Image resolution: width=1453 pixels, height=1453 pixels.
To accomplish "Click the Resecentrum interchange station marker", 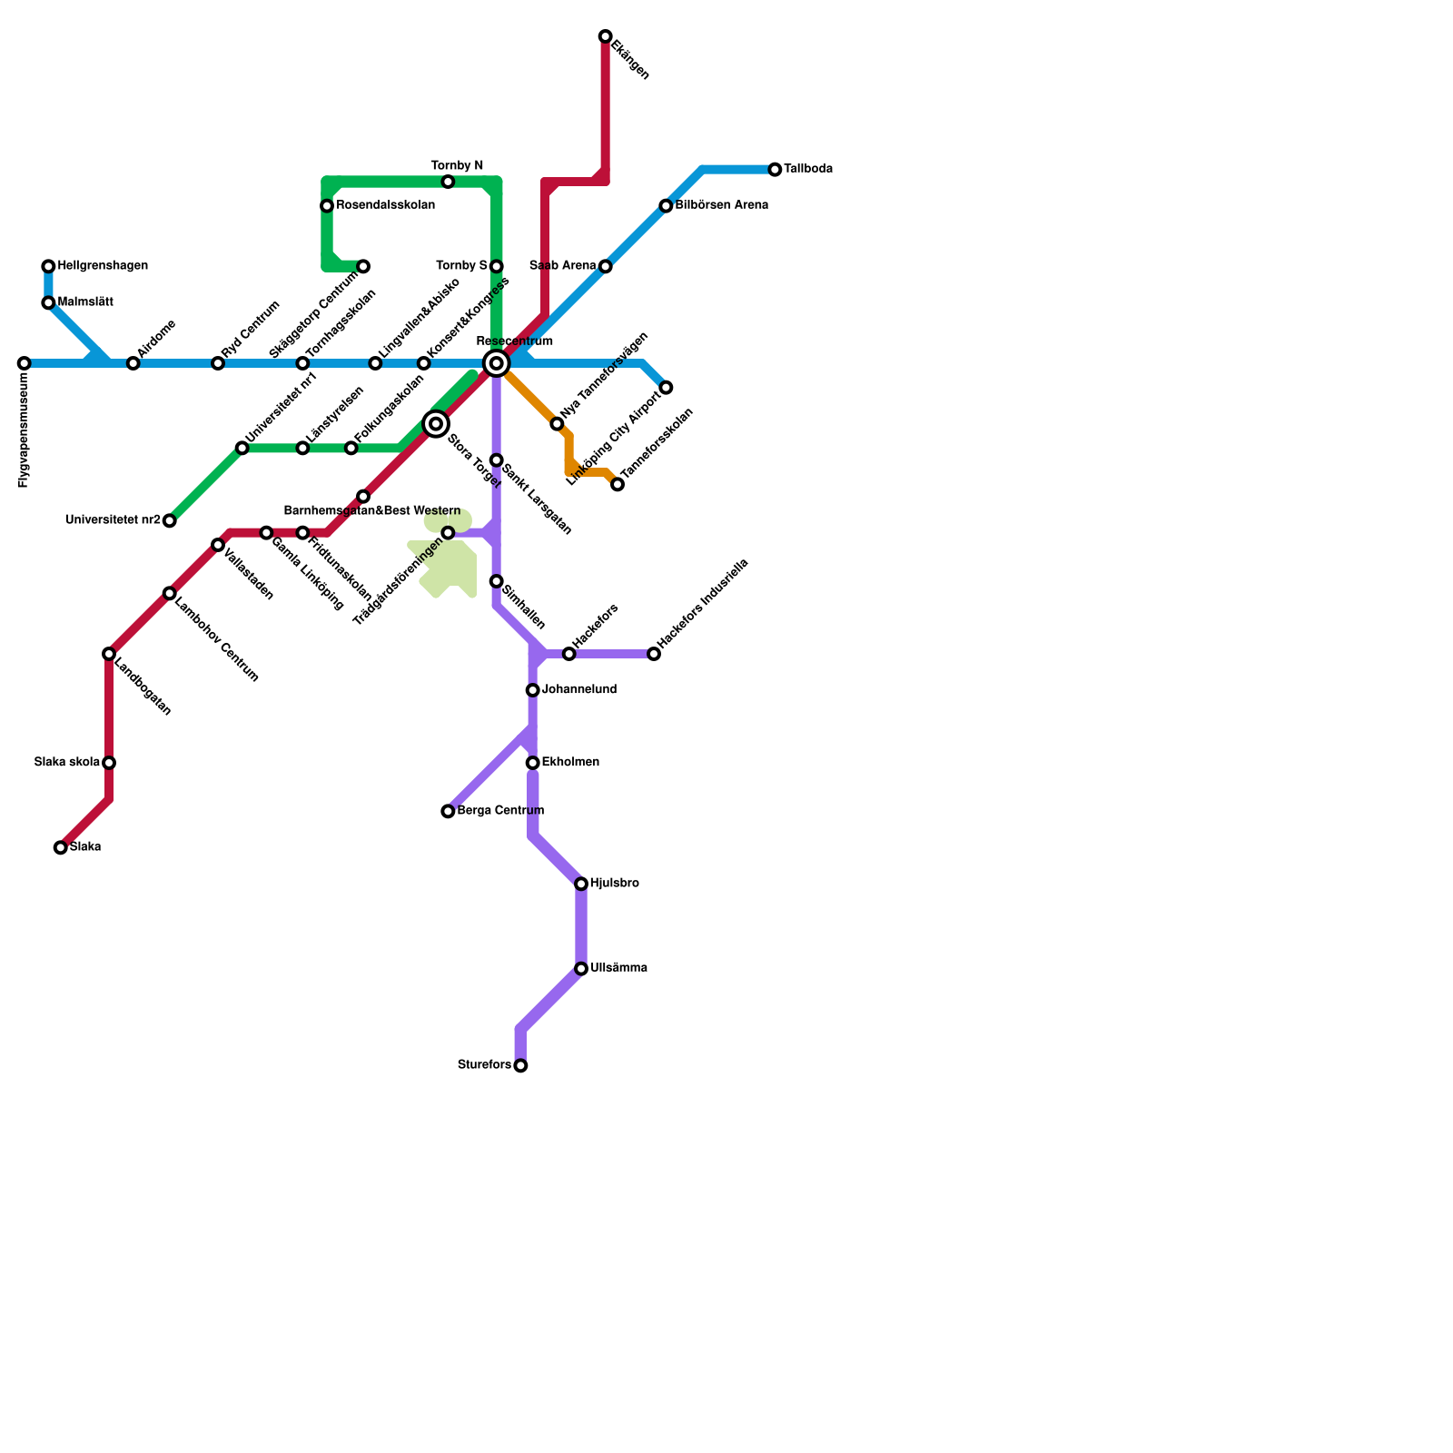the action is pos(496,363).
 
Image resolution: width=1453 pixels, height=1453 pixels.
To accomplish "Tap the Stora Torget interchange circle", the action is pos(436,424).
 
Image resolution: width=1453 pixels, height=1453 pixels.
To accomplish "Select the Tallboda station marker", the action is pos(775,170).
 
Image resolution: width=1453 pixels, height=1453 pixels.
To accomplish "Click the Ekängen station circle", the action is pos(605,36).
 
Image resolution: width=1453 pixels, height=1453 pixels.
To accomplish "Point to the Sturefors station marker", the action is pos(520,1065).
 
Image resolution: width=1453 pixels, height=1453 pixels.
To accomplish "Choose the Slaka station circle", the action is pos(61,847).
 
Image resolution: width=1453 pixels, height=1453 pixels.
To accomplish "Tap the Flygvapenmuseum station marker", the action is pos(25,363).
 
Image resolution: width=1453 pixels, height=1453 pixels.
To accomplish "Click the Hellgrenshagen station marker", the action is pos(48,266).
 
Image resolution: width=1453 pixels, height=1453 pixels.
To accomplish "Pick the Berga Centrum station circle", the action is pos(448,811).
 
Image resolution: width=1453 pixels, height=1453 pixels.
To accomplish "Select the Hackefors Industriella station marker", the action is pos(654,654).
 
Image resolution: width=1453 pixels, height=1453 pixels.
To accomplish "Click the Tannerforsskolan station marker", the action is pos(618,484).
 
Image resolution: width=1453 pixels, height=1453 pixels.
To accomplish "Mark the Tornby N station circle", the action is pos(448,182).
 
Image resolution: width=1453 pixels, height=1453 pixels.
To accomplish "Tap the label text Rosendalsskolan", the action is pos(385,206).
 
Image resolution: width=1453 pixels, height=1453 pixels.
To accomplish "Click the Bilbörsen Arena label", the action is pos(722,206).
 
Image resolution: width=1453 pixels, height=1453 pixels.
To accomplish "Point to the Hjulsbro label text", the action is pos(615,884).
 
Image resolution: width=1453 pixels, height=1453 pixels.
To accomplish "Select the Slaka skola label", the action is pos(67,763).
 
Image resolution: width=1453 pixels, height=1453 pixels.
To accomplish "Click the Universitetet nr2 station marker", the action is pos(169,520).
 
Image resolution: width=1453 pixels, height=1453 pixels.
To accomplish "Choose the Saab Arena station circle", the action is pos(605,266).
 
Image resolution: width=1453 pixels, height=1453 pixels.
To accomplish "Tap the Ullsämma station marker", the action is pos(581,969).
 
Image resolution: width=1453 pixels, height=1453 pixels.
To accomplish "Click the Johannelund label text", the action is pos(579,690).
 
